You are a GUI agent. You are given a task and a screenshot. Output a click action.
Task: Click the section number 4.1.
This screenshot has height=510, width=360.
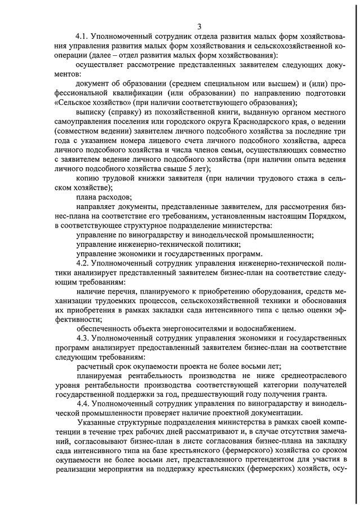(x=83, y=37)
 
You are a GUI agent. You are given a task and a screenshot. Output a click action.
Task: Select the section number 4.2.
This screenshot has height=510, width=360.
(x=83, y=263)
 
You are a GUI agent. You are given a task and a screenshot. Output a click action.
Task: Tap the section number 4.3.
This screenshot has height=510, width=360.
(x=83, y=338)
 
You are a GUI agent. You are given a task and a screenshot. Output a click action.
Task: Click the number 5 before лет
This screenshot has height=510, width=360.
(x=195, y=168)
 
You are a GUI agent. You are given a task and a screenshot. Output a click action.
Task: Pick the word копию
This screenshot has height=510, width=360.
(x=87, y=179)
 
